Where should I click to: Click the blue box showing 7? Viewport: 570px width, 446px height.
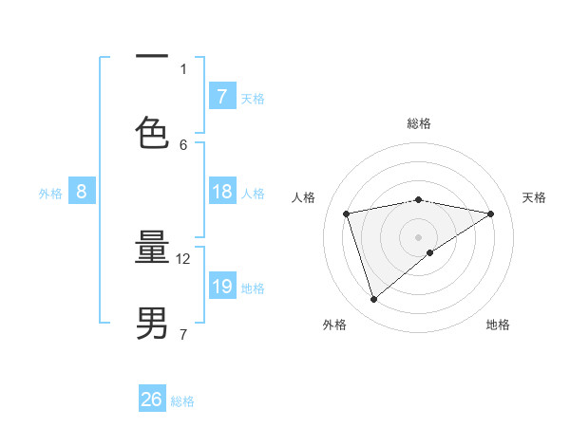221,96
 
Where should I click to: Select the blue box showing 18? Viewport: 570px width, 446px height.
221,192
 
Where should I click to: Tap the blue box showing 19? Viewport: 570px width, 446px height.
221,287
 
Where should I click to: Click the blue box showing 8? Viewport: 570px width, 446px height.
81,192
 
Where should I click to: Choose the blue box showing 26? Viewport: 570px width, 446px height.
152,400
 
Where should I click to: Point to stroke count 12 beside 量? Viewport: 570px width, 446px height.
184,258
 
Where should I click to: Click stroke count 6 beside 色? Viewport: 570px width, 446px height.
183,144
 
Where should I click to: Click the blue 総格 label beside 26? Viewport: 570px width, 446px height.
183,401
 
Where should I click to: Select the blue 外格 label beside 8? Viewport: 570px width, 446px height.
50,194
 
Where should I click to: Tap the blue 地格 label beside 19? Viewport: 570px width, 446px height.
253,288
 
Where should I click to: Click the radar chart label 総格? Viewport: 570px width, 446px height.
419,123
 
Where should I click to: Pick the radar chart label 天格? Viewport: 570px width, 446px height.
534,197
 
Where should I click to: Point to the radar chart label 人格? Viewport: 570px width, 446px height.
303,197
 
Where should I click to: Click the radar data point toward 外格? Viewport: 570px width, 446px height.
373,300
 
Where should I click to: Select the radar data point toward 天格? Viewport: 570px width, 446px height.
491,214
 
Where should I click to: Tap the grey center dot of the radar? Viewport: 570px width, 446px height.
419,236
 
